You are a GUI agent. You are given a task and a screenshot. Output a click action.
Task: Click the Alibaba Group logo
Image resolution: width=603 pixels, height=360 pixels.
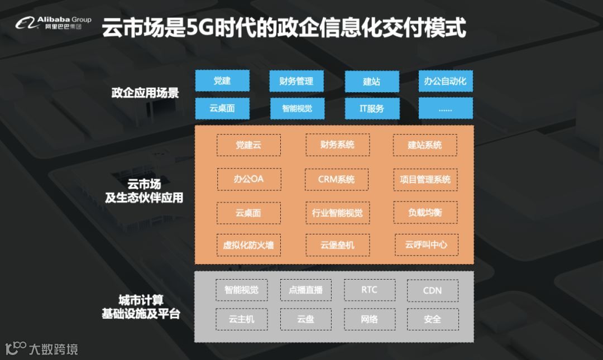[53, 23]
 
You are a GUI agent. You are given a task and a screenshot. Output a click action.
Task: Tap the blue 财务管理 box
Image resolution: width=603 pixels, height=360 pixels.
[296, 81]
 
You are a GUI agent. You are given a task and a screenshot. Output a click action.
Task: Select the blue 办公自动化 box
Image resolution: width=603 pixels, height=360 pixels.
[445, 81]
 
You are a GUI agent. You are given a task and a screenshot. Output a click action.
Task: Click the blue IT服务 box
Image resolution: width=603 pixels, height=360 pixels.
[371, 108]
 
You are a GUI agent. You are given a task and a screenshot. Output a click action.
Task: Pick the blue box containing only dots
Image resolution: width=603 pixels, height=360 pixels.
[445, 108]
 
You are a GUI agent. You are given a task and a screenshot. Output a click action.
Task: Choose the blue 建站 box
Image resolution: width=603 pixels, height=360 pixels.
[371, 81]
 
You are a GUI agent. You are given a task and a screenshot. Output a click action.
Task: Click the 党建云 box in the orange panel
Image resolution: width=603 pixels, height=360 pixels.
[248, 145]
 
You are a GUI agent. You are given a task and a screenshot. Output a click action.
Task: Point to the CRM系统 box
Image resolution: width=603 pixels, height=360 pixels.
[337, 180]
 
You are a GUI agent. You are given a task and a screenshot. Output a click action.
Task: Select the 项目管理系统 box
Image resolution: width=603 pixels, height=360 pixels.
[425, 180]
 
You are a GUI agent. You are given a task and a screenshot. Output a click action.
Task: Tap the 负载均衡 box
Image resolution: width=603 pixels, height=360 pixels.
[425, 213]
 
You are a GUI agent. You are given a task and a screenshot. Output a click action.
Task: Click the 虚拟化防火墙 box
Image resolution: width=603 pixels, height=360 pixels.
[248, 244]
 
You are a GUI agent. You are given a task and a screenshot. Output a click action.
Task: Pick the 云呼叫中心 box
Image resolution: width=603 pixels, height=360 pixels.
[425, 244]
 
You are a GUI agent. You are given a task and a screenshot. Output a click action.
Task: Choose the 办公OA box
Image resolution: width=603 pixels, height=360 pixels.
[248, 180]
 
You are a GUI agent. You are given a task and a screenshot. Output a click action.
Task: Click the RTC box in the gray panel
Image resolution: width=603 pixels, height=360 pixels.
[369, 290]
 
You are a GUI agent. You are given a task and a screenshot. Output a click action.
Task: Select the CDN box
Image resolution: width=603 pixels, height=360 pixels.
[432, 290]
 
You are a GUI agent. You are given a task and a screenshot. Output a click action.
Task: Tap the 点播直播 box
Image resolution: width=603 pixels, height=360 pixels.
[305, 290]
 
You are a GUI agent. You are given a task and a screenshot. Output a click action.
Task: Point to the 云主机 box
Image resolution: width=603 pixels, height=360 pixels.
[241, 319]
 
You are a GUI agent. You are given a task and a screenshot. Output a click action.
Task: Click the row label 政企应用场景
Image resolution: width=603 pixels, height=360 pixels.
[145, 93]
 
